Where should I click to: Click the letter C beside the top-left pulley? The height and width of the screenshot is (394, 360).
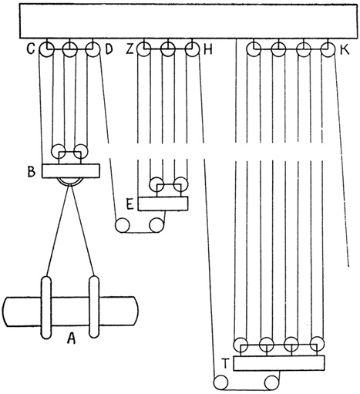click(31, 50)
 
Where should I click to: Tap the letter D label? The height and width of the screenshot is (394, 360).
click(109, 50)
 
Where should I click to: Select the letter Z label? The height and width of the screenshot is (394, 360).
click(130, 50)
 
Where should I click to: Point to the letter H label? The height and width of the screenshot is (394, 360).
click(208, 50)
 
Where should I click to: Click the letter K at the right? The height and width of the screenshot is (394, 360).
click(345, 50)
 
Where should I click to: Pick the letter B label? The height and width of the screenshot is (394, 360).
click(32, 171)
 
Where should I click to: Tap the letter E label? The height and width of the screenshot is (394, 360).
click(130, 204)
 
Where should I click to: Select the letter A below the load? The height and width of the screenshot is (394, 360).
click(71, 338)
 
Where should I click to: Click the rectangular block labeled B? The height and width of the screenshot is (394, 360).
click(71, 171)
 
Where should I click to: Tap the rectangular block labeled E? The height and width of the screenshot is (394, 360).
click(163, 204)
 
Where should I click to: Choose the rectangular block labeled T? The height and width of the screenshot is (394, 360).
click(279, 363)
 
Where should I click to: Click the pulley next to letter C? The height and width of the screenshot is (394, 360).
click(46, 49)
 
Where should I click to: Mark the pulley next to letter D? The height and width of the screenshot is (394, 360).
click(93, 49)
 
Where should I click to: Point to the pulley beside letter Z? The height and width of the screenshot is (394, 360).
click(143, 49)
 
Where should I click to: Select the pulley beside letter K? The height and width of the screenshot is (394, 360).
click(328, 49)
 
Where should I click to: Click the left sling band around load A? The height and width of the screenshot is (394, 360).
click(46, 307)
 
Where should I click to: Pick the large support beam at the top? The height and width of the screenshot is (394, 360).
click(189, 22)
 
